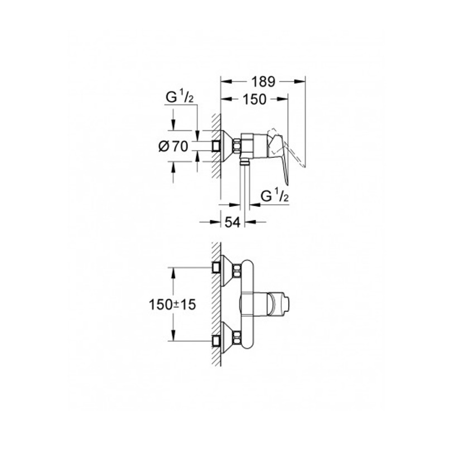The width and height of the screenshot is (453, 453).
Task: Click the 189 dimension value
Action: pos(263,82)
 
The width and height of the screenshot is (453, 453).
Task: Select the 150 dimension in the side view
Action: pos(254,99)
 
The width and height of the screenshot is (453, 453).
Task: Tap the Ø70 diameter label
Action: pos(174,147)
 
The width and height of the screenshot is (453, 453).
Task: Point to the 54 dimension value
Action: pos(233,222)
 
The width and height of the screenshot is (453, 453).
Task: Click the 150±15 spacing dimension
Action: pos(172,305)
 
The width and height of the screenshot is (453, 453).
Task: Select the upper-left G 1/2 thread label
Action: pos(180,98)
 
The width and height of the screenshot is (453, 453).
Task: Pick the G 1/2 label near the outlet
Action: pos(274,196)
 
